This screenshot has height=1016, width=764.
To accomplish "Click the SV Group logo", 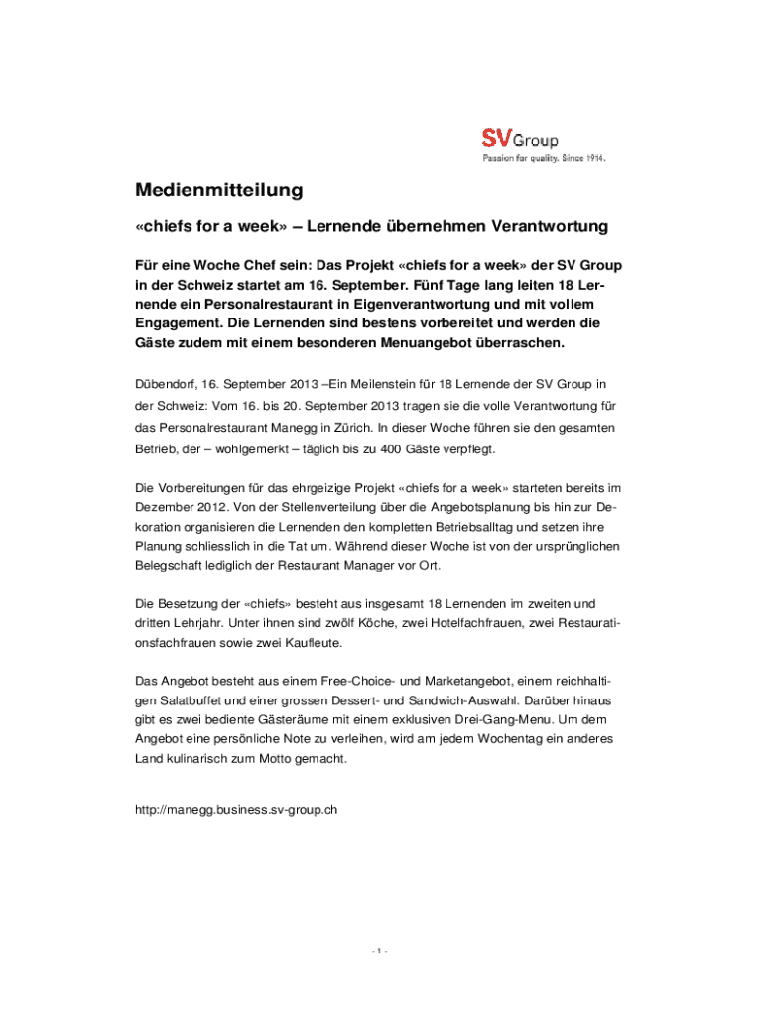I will (x=520, y=140).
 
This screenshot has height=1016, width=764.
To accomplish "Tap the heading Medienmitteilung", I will (x=218, y=190).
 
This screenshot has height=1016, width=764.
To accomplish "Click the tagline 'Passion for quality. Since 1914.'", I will (x=544, y=158).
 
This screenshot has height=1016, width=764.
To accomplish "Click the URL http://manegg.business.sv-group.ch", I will (x=236, y=809).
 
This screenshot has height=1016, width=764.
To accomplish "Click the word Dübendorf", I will (x=165, y=383).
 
